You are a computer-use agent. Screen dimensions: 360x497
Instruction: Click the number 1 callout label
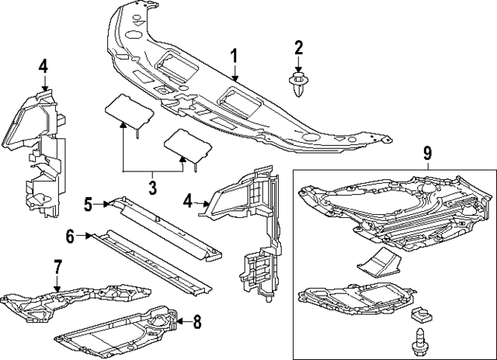tap(233, 55)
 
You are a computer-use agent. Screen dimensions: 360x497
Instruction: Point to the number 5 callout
tap(89, 204)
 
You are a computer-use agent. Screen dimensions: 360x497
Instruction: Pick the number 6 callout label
tap(69, 237)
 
